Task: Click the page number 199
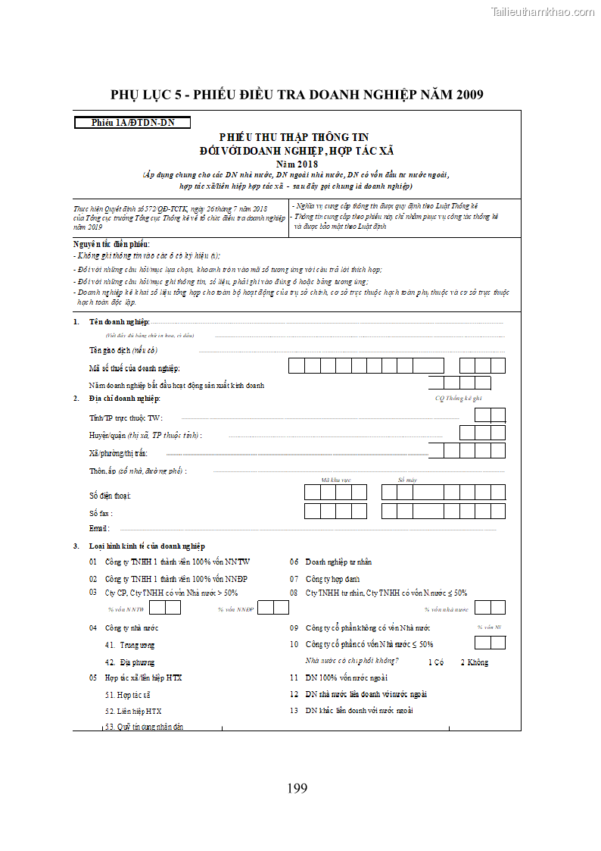tap(297, 788)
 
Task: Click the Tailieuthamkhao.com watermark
tap(543, 11)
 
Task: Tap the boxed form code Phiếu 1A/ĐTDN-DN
tap(132, 122)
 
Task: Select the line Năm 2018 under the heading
tap(297, 163)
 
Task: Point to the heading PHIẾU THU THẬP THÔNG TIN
tap(294, 137)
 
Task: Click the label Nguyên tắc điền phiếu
tap(111, 244)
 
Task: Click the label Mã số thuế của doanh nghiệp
tap(145, 368)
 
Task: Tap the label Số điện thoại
tap(111, 495)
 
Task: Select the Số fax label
tap(101, 513)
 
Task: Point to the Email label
tap(99, 528)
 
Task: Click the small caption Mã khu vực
tap(335, 480)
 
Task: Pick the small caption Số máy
tap(407, 480)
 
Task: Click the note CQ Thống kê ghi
tap(458, 397)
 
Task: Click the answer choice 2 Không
tap(475, 662)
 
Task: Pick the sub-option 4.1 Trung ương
tap(130, 646)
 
